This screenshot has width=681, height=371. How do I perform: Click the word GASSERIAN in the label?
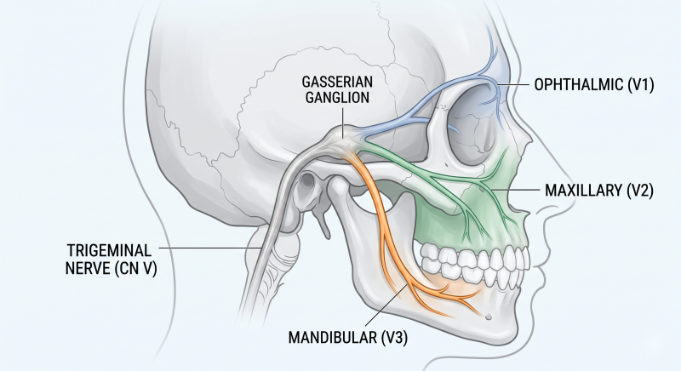[337, 82]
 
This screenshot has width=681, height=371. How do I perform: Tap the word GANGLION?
[337, 97]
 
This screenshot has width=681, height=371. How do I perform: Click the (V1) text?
[641, 84]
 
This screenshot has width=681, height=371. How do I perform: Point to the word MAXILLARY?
[583, 191]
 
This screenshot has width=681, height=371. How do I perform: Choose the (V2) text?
[640, 191]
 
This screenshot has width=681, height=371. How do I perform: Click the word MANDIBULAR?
[333, 338]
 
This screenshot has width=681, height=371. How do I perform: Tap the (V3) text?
[394, 338]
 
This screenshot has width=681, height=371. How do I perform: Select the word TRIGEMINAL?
[110, 251]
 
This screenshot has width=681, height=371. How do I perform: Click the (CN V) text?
[136, 269]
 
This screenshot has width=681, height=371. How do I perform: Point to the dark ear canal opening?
[308, 180]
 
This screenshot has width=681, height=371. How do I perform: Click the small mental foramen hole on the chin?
[488, 317]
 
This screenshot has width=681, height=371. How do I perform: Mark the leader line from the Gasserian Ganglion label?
[343, 123]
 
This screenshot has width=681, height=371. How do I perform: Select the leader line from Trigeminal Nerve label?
[210, 248]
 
